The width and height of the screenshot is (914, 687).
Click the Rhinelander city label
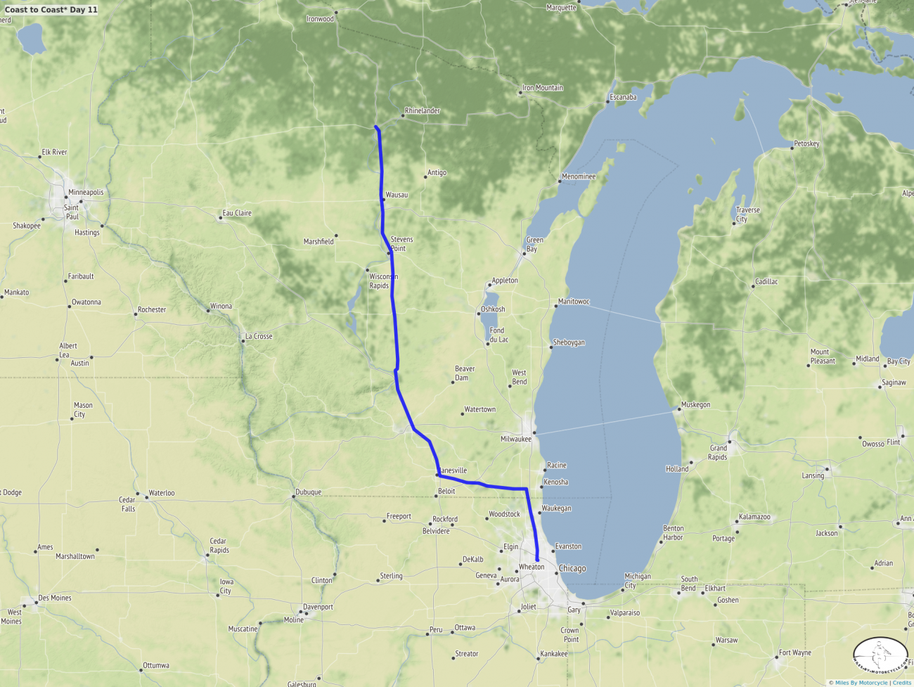click(x=423, y=111)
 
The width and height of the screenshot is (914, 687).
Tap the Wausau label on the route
click(x=397, y=195)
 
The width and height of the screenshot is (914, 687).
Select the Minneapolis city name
click(x=86, y=193)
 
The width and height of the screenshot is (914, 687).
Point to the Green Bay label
click(x=534, y=245)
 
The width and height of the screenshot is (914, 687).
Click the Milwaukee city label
click(x=516, y=439)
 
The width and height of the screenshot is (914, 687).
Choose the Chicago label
click(x=572, y=569)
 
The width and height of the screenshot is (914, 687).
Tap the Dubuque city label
click(x=309, y=492)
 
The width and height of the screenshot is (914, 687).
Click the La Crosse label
click(x=259, y=337)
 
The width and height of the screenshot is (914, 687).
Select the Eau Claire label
click(x=237, y=213)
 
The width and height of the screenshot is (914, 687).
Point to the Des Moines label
click(x=55, y=598)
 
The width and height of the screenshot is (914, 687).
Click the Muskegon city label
click(x=696, y=405)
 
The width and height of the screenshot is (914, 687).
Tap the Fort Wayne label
click(x=795, y=653)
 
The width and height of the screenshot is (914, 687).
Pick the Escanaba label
click(x=623, y=98)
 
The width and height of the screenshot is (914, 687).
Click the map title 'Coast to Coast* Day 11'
click(x=51, y=10)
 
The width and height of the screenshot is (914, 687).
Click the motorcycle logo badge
click(x=880, y=656)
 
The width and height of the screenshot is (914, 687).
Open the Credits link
click(x=901, y=683)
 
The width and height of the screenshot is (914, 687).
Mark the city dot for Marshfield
click(x=336, y=236)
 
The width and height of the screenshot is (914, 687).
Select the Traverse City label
click(x=747, y=214)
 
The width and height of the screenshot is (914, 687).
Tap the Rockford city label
click(x=445, y=520)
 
